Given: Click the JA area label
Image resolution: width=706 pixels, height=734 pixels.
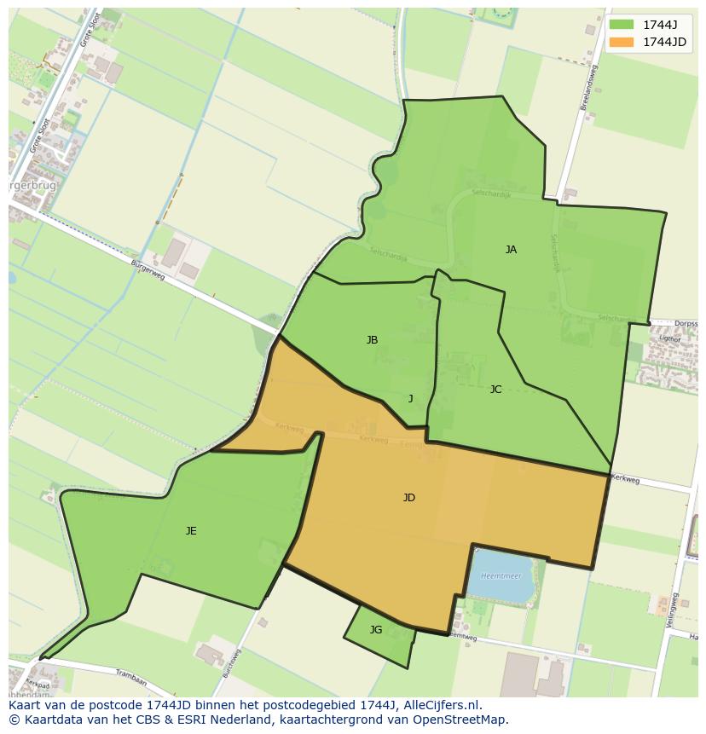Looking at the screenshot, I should pyautogui.click(x=511, y=250).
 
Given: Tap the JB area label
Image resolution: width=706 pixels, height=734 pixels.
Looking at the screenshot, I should pyautogui.click(x=372, y=340).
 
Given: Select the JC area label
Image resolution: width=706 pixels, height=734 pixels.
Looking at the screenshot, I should pyautogui.click(x=495, y=390).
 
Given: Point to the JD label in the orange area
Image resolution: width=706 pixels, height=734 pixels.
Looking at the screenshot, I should pyautogui.click(x=409, y=498).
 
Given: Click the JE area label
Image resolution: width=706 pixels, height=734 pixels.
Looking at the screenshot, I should pyautogui.click(x=191, y=531).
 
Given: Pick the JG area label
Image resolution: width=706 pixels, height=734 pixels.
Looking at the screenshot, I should pyautogui.click(x=376, y=630).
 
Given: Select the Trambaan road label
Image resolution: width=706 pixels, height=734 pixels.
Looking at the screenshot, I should pyautogui.click(x=131, y=682).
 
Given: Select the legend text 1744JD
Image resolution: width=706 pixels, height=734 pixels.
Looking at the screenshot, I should pyautogui.click(x=666, y=41).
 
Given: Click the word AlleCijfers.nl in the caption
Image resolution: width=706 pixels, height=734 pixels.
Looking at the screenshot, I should pyautogui.click(x=443, y=705).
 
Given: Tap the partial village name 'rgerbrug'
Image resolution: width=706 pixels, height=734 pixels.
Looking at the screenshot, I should pyautogui.click(x=32, y=185).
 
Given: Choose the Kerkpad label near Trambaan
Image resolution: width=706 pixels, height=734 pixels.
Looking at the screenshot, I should pyautogui.click(x=38, y=684).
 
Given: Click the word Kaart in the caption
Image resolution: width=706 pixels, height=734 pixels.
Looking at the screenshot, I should pyautogui.click(x=25, y=705).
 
